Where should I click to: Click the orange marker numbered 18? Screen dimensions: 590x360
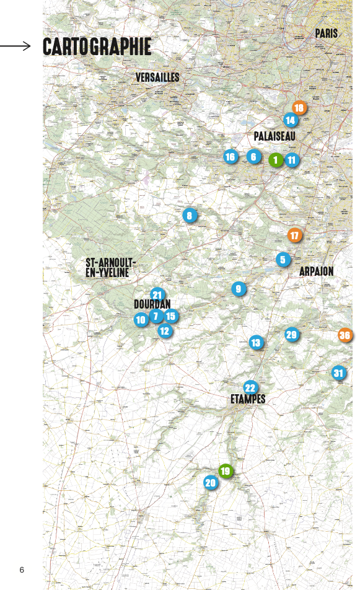pos(299,108)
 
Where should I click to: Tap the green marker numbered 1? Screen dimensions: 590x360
pos(276,159)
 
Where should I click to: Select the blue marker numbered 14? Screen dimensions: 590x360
pos(290,120)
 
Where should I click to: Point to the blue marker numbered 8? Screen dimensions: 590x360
pos(190,216)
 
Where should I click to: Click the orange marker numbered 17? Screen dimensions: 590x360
pos(294,236)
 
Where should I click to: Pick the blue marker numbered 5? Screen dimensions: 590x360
pos(283,260)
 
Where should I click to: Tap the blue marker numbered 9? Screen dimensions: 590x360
pos(239,289)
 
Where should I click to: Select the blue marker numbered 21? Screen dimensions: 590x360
pos(157,295)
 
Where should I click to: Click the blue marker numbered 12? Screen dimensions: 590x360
pos(164,331)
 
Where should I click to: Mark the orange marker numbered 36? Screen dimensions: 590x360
pos(345,335)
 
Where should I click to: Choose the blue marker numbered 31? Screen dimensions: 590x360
pos(338,373)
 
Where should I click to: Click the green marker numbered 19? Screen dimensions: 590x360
pos(226,471)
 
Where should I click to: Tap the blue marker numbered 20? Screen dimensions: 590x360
pos(211,483)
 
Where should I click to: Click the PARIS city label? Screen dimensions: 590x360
pos(326,33)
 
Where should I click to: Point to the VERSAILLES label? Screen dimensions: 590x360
pos(157,77)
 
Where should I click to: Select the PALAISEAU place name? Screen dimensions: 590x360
pos(274,136)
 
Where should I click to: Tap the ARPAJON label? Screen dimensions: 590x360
pos(316,271)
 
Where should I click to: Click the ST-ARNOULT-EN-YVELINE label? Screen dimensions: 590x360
pos(110,268)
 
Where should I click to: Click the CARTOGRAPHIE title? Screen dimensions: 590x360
pos(97,46)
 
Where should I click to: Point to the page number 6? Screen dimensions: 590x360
pos(22,570)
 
